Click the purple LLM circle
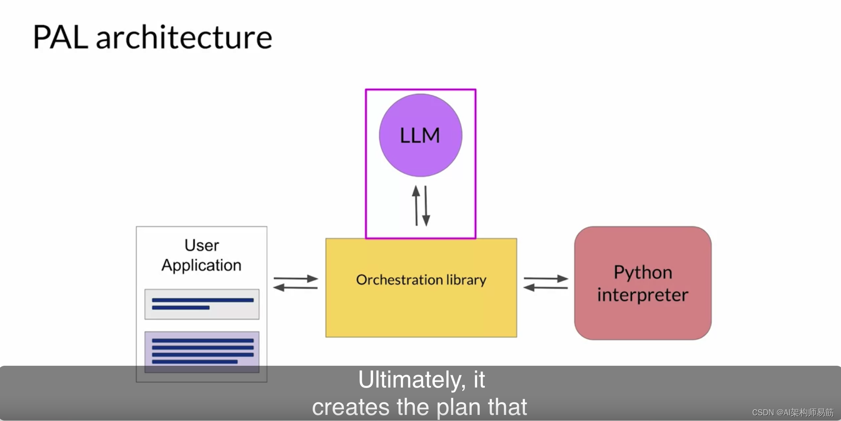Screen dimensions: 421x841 tap(420, 135)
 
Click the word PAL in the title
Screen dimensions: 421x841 tap(60, 37)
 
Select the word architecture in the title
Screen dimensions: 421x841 tap(184, 37)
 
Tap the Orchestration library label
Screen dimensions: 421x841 tap(421, 280)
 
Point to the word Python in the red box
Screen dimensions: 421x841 tap(643, 273)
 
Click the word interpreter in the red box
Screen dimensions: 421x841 tap(643, 295)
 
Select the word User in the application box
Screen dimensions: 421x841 tap(202, 245)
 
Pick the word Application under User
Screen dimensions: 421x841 tap(202, 265)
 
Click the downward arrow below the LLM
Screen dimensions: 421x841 tap(426, 206)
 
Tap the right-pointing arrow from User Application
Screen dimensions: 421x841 tap(296, 278)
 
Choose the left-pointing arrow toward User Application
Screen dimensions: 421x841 tap(296, 287)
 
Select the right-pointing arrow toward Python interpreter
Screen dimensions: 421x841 tap(546, 278)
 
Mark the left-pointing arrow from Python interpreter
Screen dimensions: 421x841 tap(546, 287)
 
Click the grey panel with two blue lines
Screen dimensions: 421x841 tap(202, 304)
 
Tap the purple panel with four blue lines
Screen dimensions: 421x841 tap(202, 351)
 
